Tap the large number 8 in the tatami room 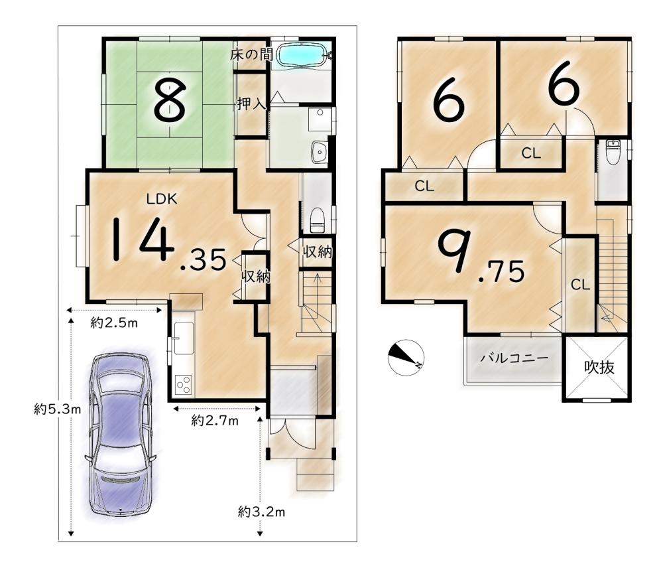coord(170,100)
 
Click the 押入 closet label coord(251,104)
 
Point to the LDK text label coord(162,199)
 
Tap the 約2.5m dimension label coord(114,323)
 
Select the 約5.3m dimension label coord(58,409)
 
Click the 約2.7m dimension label coord(215,421)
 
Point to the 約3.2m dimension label coord(261,512)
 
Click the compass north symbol coord(406,357)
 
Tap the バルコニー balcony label coord(514,358)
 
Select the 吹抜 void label coord(599,368)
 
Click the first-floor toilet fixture coord(317,220)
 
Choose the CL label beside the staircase coord(580,285)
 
